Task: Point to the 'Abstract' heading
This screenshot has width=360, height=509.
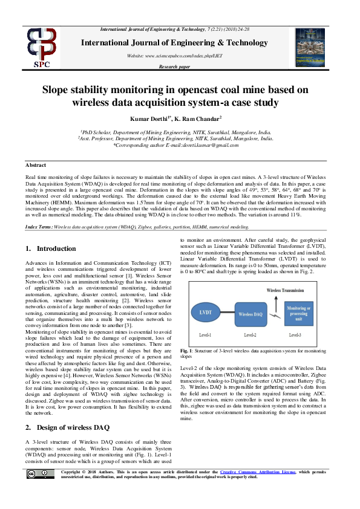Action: pyautogui.click(x=36, y=165)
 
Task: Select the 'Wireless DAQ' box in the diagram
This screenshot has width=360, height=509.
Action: pyautogui.click(x=250, y=315)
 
